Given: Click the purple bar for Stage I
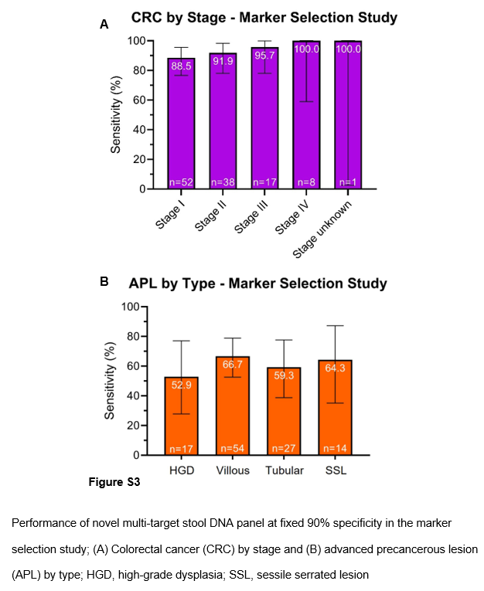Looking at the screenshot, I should tap(182, 124).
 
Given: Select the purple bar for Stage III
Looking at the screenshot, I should tap(264, 124).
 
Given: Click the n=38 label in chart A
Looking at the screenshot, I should tap(223, 182).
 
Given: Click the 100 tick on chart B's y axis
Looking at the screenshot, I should tap(135, 307).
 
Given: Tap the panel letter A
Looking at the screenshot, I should tap(104, 25).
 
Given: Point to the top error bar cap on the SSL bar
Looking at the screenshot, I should tap(336, 326).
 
